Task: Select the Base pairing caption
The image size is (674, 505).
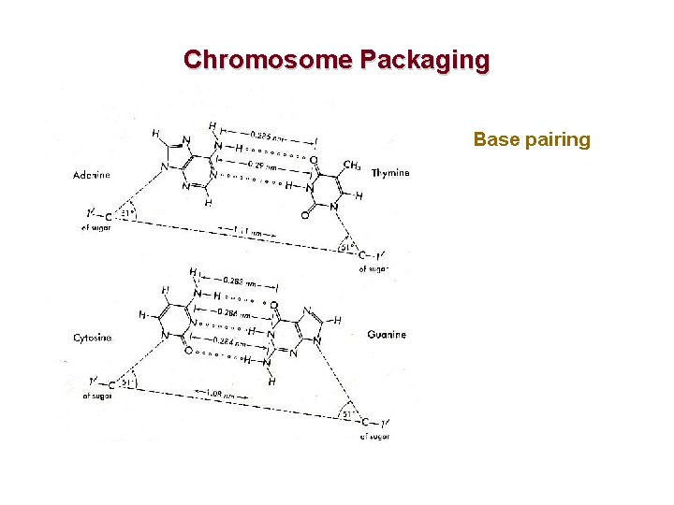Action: tap(532, 140)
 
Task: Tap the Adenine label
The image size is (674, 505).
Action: tap(92, 175)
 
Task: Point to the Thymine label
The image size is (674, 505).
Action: tap(390, 173)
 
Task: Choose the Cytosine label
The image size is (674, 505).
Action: tap(93, 338)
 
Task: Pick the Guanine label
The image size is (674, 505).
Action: tap(387, 334)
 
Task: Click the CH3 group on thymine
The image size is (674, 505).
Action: tap(352, 166)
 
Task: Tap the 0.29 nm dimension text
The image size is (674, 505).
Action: tap(250, 165)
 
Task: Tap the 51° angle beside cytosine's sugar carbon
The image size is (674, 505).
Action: tap(128, 382)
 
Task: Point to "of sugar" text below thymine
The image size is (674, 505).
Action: tap(374, 269)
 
